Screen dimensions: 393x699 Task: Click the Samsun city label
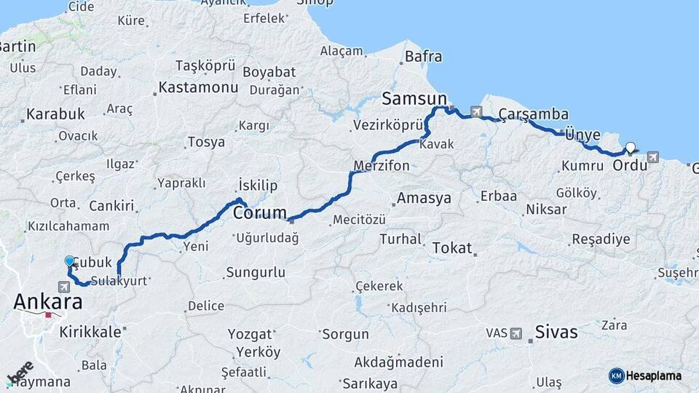pyautogui.click(x=414, y=98)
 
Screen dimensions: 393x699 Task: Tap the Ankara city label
pyautogui.click(x=47, y=301)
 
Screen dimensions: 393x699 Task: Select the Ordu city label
pyautogui.click(x=630, y=165)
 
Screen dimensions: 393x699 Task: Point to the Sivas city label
pyautogui.click(x=556, y=333)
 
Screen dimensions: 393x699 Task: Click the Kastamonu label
pyautogui.click(x=199, y=88)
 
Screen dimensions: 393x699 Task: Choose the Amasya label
pyautogui.click(x=425, y=198)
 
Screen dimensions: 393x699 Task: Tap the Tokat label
pyautogui.click(x=452, y=248)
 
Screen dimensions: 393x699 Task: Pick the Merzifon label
pyautogui.click(x=382, y=166)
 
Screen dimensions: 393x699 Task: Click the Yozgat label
pyautogui.click(x=250, y=335)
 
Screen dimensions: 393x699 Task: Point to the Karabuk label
pyautogui.click(x=55, y=114)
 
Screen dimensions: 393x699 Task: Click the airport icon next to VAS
pyautogui.click(x=516, y=333)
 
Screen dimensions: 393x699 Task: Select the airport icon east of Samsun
pyautogui.click(x=476, y=111)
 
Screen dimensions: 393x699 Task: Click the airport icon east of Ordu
pyautogui.click(x=652, y=156)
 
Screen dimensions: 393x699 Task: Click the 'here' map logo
pyautogui.click(x=20, y=373)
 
